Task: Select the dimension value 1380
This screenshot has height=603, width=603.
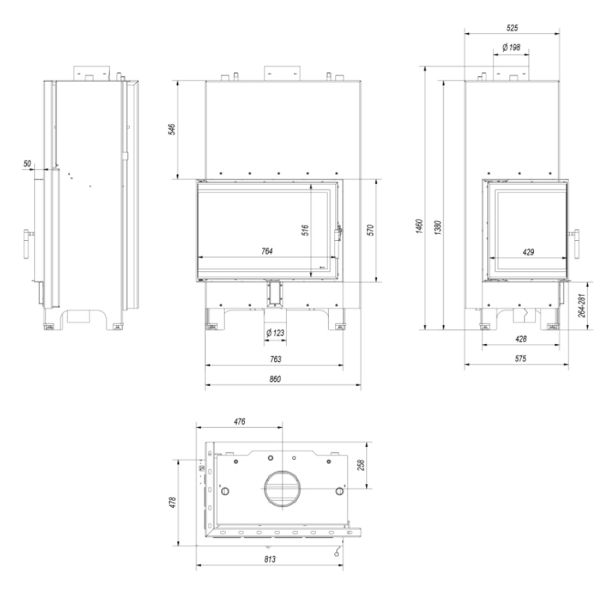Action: click(438, 227)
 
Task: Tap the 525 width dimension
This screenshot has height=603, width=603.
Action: click(512, 28)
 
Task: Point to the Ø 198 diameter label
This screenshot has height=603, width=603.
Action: click(511, 47)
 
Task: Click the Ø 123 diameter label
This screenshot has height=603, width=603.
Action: click(275, 333)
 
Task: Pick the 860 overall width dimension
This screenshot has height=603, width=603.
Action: click(275, 379)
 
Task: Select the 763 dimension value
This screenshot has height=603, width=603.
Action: click(275, 359)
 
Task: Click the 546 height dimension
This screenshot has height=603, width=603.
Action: click(171, 129)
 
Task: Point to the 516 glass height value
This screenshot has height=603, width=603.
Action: click(305, 231)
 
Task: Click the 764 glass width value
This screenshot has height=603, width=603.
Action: click(267, 251)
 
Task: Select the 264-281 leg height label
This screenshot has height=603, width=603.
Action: click(582, 305)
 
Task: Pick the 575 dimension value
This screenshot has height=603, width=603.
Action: click(520, 359)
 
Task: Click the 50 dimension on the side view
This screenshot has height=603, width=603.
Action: click(27, 163)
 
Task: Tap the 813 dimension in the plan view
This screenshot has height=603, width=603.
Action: click(269, 559)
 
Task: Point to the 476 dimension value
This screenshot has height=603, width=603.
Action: click(239, 422)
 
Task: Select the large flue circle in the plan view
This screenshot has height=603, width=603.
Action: click(282, 489)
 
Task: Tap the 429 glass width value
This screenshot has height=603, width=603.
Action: click(528, 252)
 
